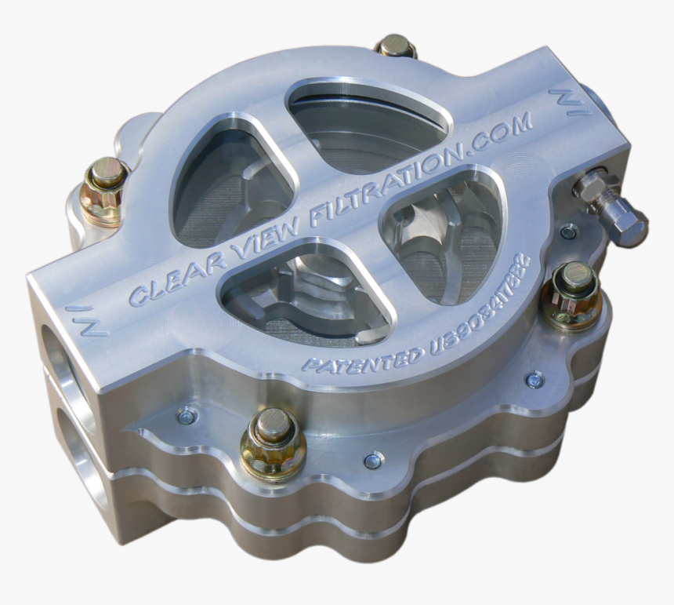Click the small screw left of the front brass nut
pyautogui.click(x=187, y=416)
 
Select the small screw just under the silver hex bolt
pyautogui.click(x=568, y=231)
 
